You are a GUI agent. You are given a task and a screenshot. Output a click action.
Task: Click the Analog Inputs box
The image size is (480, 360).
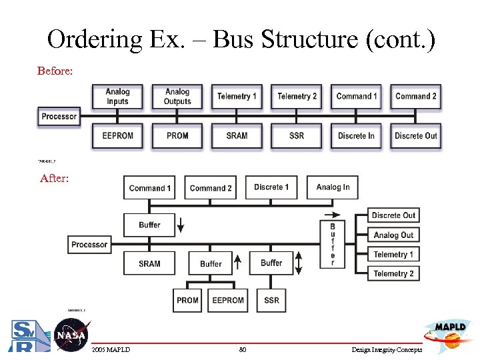[118, 97]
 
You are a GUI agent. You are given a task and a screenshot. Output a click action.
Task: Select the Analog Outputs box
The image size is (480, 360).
[177, 97]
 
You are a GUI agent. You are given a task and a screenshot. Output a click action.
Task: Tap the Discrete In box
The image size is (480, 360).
[356, 135]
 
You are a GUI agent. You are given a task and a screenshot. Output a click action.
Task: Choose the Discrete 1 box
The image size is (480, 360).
[271, 187]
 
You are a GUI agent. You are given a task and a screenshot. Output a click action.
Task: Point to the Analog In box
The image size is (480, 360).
[333, 187]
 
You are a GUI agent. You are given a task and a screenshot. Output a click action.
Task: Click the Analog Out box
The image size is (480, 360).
[393, 235]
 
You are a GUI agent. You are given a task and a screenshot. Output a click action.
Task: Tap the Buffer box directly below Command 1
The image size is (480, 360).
[149, 225]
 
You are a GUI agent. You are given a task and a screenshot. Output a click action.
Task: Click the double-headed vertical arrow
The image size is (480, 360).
[299, 263]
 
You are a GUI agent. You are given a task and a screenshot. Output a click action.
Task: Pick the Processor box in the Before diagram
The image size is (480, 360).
[59, 117]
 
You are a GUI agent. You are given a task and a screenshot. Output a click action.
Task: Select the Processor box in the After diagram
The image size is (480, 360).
[89, 245]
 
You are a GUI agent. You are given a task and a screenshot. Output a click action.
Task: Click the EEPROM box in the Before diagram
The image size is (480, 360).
[118, 135]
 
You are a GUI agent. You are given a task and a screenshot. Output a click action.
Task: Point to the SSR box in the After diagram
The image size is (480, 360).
[271, 300]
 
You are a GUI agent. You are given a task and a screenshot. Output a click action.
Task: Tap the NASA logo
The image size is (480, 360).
[70, 334]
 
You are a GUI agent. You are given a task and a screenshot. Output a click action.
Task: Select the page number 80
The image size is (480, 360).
[242, 350]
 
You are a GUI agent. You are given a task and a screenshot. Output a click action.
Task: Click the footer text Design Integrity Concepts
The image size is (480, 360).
[386, 350]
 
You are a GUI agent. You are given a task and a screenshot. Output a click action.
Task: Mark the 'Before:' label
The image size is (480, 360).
[55, 71]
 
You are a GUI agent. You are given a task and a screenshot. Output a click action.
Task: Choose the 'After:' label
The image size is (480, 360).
[54, 178]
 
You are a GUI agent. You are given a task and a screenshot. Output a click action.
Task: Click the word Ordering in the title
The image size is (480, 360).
[94, 40]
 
